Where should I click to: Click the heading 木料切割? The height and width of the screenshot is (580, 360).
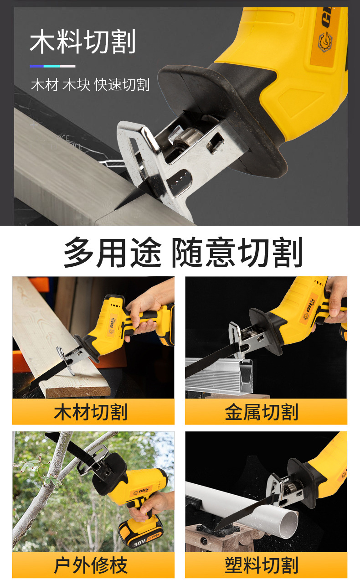(x=82, y=42)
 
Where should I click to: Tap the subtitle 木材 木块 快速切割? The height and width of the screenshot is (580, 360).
(x=90, y=85)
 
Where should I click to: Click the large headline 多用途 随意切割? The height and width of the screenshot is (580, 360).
(x=183, y=252)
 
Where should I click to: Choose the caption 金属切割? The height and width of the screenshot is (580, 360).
(x=262, y=412)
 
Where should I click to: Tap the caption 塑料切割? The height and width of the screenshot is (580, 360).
(x=262, y=565)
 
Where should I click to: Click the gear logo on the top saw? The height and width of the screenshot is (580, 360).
(x=324, y=42)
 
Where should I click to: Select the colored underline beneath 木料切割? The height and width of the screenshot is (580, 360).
(x=52, y=66)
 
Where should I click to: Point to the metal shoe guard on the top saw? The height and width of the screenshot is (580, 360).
(x=137, y=150)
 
